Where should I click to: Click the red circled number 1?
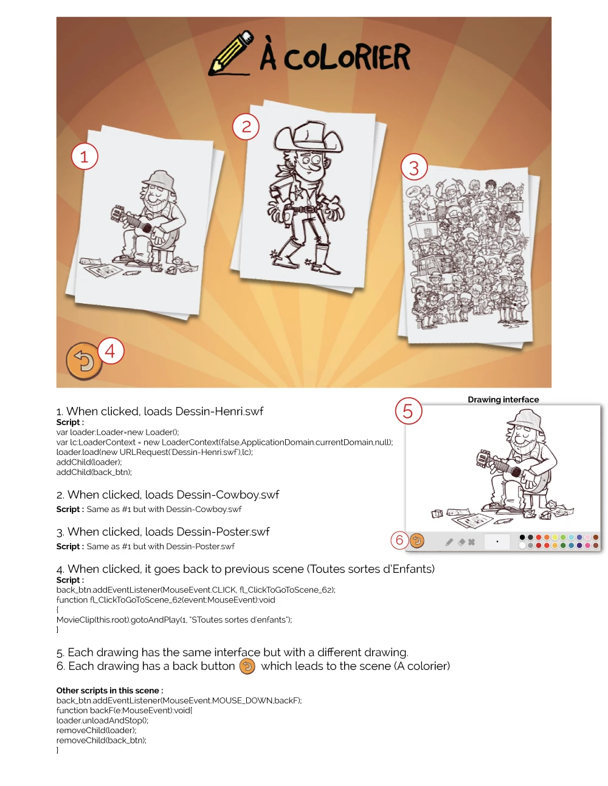(x=85, y=157)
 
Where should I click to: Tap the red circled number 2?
(x=246, y=126)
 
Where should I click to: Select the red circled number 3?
(x=415, y=167)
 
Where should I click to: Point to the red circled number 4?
(x=111, y=351)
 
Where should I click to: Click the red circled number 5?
(x=409, y=411)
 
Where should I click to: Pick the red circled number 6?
(x=399, y=540)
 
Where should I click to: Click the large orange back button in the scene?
(x=84, y=361)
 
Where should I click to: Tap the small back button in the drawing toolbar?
(x=417, y=541)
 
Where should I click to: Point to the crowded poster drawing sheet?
(x=468, y=255)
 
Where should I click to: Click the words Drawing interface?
(x=503, y=399)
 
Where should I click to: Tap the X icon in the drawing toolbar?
(x=471, y=542)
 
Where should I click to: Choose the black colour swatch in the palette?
(x=522, y=538)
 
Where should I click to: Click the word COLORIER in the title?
(x=347, y=57)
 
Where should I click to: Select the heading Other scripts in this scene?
(x=109, y=691)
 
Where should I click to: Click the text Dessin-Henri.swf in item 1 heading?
(x=220, y=411)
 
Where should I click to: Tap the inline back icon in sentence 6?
(x=247, y=666)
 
